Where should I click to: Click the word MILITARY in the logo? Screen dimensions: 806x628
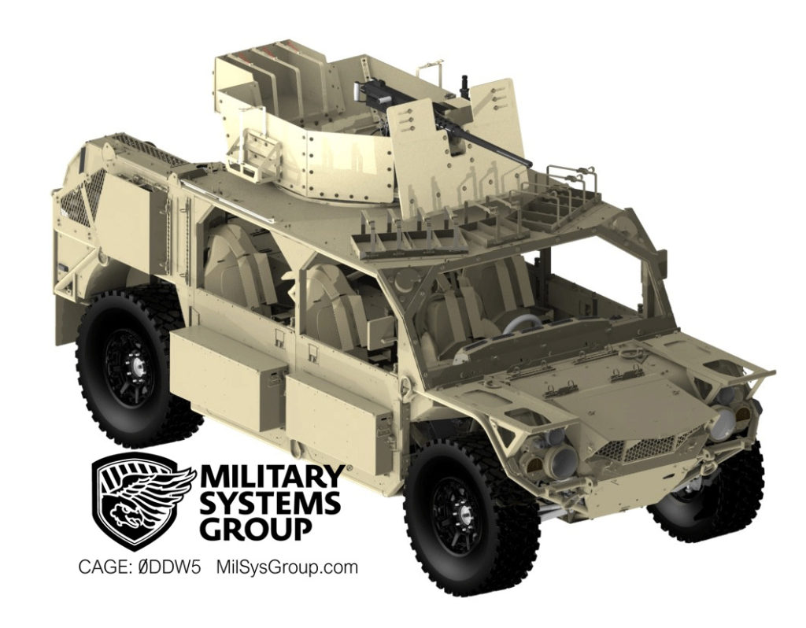coord(271,478)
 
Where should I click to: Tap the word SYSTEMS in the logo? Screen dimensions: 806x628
coord(270,502)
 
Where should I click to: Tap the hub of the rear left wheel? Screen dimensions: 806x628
coord(135,363)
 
